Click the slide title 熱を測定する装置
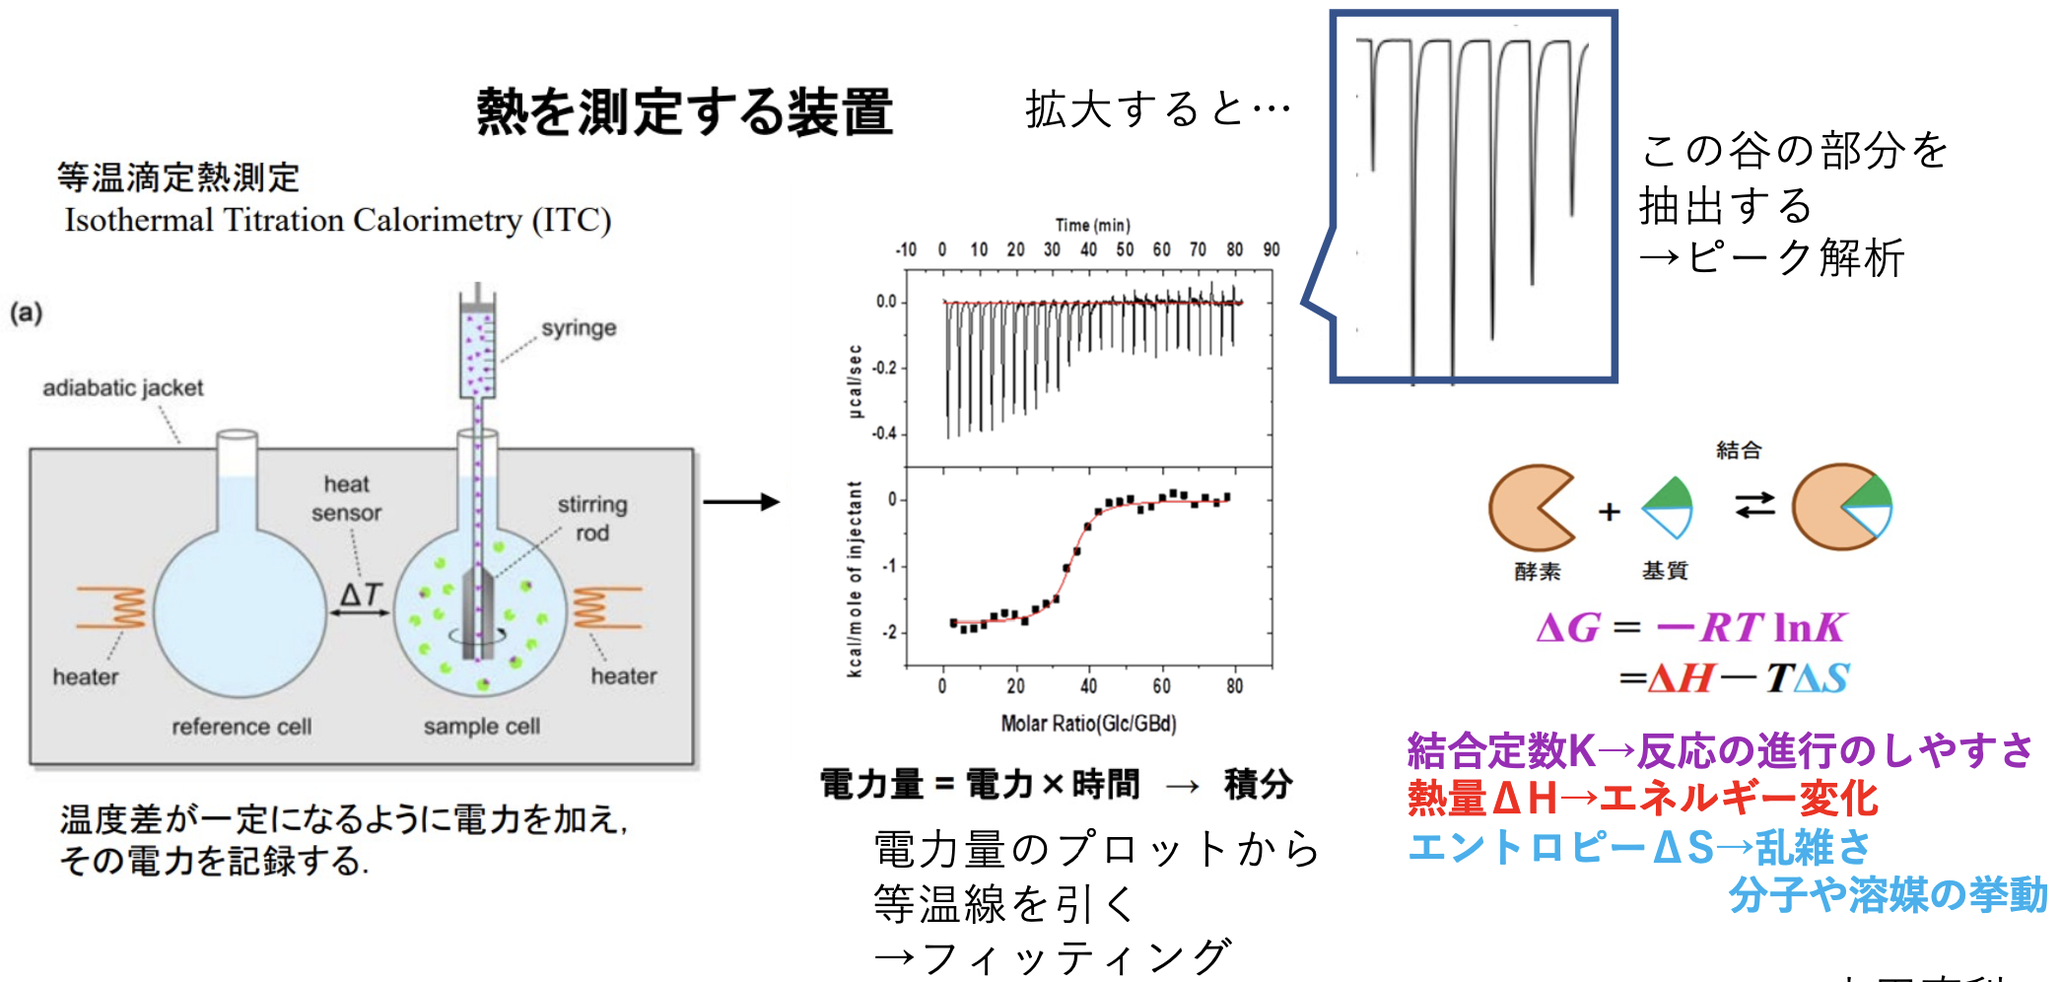click(684, 111)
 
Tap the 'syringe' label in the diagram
click(579, 328)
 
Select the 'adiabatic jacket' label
click(123, 388)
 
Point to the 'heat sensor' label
click(346, 499)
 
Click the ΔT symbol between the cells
click(360, 595)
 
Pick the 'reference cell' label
click(241, 727)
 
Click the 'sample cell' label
click(482, 727)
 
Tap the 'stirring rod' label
click(591, 519)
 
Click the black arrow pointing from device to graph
click(741, 502)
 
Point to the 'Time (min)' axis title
click(1092, 226)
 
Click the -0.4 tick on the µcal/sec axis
click(884, 434)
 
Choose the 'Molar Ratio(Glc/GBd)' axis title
click(1088, 724)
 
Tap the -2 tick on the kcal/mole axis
click(889, 632)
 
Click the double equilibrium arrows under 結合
click(1754, 505)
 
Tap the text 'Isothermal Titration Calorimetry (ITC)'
click(338, 220)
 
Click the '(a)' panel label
click(27, 314)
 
